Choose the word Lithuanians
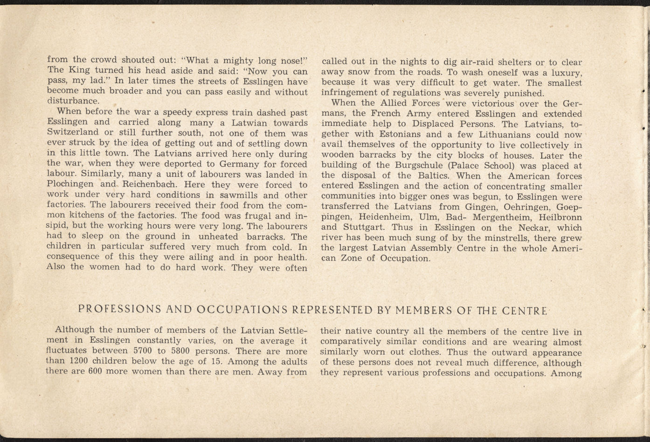(507, 135)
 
